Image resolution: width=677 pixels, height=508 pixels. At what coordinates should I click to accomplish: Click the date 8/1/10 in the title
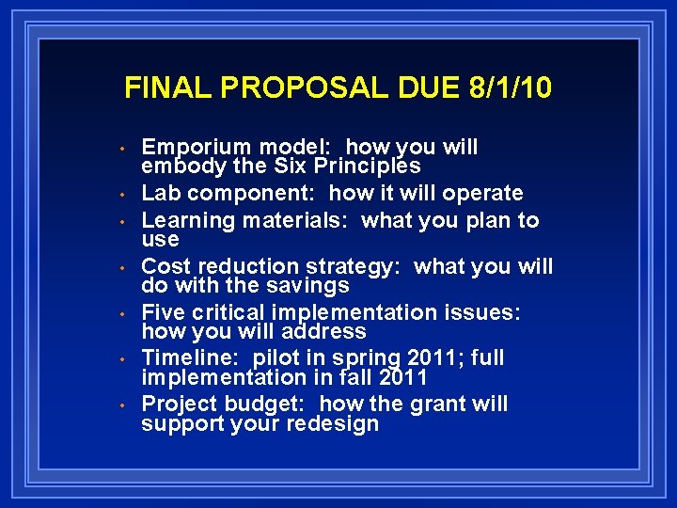tap(508, 88)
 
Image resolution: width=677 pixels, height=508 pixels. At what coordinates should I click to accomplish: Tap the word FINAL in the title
tap(161, 88)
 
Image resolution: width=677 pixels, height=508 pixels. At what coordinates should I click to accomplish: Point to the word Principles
tap(368, 167)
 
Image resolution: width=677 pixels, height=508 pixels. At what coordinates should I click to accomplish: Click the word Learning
tap(188, 221)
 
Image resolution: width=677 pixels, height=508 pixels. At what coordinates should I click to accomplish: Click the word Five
tap(163, 313)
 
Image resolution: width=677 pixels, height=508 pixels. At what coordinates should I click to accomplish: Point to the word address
tap(323, 332)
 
